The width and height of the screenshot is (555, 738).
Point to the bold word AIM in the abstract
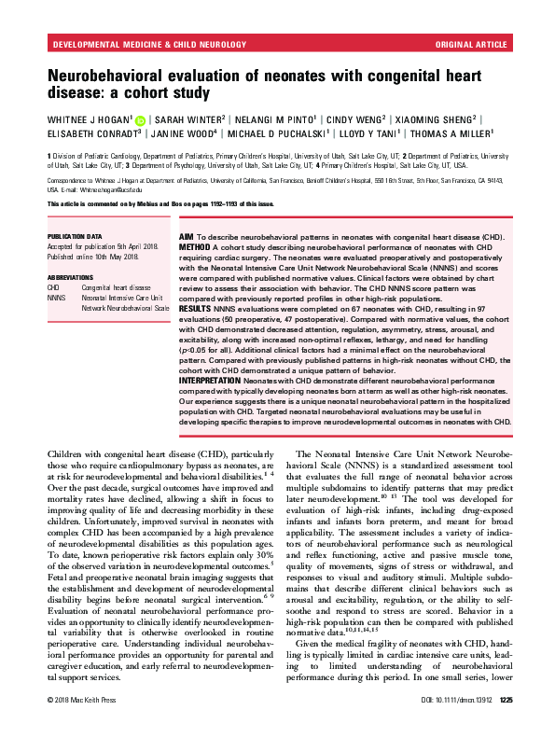[176, 239]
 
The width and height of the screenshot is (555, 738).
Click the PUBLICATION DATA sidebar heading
[73, 238]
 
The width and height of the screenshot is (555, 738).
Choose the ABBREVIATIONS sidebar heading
[70, 277]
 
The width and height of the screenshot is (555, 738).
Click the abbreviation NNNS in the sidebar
[56, 296]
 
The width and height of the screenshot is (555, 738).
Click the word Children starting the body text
[67, 453]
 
